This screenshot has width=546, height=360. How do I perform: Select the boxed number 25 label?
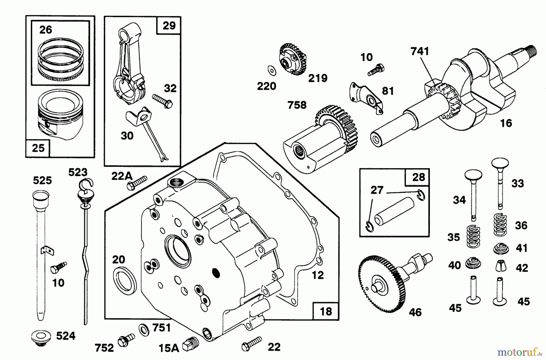[38, 148]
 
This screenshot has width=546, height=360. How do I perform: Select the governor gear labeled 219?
[292, 59]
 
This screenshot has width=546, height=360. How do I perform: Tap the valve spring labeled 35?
[473, 236]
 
